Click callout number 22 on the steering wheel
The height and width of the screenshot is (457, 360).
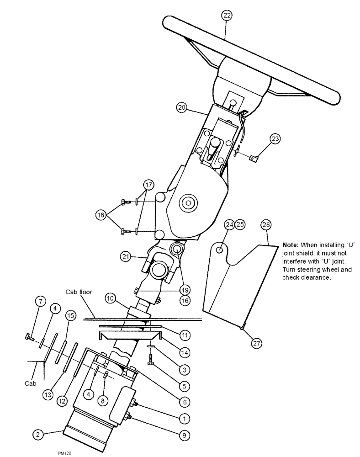pyautogui.click(x=227, y=16)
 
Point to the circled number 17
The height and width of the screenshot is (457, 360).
pyautogui.click(x=148, y=185)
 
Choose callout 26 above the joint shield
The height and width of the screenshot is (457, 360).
pyautogui.click(x=266, y=224)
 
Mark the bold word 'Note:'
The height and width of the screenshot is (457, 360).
pyautogui.click(x=291, y=245)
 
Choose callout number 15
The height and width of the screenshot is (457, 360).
pyautogui.click(x=70, y=316)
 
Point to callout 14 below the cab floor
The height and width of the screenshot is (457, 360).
pyautogui.click(x=184, y=352)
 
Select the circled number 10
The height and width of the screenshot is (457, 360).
pyautogui.click(x=111, y=298)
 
